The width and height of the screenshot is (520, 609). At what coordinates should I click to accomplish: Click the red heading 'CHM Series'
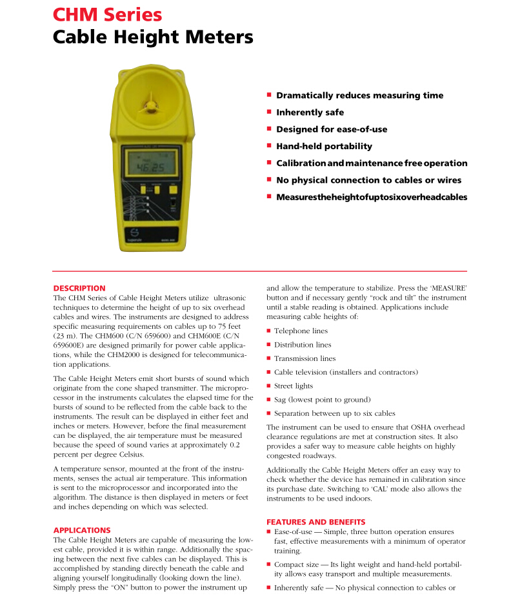click(x=107, y=14)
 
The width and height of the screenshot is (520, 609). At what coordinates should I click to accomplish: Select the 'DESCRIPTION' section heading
click(x=79, y=288)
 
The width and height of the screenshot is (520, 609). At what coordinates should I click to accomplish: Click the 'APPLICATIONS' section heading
click(x=82, y=530)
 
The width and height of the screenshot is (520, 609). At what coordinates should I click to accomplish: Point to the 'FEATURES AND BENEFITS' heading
click(x=316, y=522)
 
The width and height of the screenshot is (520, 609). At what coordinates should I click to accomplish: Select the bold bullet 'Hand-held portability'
click(x=324, y=146)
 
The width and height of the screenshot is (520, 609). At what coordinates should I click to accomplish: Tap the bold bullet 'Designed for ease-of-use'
click(x=332, y=129)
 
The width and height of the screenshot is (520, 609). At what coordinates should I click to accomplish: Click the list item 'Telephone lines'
click(x=301, y=331)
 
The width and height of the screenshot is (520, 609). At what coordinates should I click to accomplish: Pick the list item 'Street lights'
click(x=294, y=386)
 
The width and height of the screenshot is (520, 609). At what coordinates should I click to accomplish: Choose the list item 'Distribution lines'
click(x=303, y=345)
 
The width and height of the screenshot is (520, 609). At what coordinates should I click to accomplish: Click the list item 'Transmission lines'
click(x=305, y=358)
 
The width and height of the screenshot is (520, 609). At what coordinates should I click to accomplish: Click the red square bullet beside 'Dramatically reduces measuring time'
click(x=269, y=95)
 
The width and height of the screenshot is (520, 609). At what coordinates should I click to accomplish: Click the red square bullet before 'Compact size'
click(x=269, y=565)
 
